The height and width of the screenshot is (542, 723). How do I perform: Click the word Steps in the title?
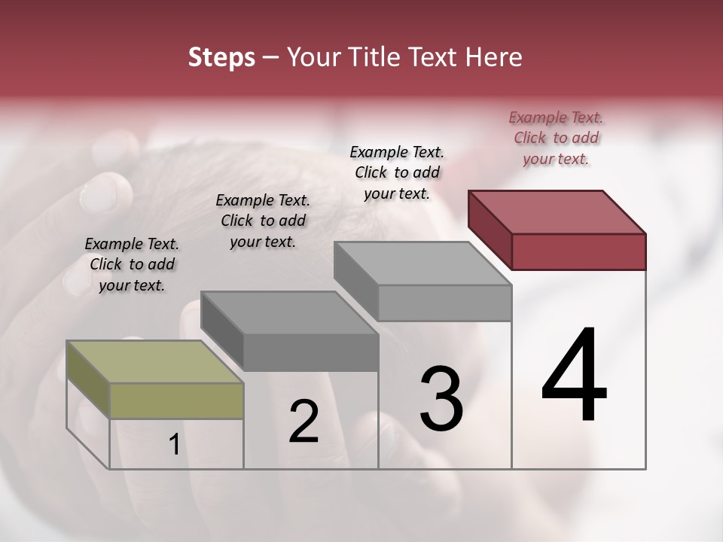tap(221, 57)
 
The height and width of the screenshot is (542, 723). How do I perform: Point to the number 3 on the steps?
tap(441, 398)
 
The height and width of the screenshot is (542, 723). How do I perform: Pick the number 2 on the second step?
tap(304, 422)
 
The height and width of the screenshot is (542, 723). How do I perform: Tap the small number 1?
tap(174, 445)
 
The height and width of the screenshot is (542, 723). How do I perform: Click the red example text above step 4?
tap(556, 138)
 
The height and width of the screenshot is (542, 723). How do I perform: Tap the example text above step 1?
tap(132, 264)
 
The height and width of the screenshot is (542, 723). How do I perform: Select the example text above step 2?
tap(263, 221)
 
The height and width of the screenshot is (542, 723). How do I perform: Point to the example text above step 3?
tap(397, 172)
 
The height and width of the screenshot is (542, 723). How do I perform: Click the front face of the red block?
tap(578, 251)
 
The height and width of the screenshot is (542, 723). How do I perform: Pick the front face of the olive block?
tap(176, 400)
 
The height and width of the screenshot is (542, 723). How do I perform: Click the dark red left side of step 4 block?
tap(490, 230)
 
